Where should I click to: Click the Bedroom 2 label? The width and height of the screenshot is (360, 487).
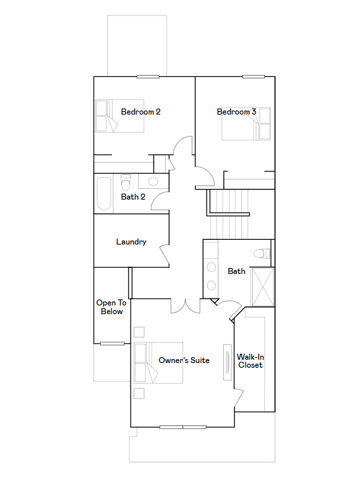pyautogui.click(x=140, y=112)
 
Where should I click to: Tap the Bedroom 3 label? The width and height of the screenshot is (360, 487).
pyautogui.click(x=236, y=112)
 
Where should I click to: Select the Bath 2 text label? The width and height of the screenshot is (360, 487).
pyautogui.click(x=133, y=197)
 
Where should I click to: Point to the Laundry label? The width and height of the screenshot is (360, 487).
pyautogui.click(x=131, y=242)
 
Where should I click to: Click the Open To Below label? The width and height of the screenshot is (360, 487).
pyautogui.click(x=111, y=307)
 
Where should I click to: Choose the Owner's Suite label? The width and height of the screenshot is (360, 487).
pyautogui.click(x=184, y=360)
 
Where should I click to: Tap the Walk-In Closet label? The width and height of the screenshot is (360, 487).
pyautogui.click(x=250, y=360)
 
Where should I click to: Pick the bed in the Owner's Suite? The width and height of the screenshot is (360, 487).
pyautogui.click(x=158, y=363)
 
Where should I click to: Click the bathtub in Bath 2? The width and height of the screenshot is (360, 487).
pyautogui.click(x=104, y=193)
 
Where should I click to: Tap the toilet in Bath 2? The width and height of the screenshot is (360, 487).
pyautogui.click(x=125, y=182)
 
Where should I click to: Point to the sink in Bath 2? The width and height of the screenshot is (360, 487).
pyautogui.click(x=153, y=181)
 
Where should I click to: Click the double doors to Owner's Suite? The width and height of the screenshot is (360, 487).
pyautogui.click(x=185, y=305)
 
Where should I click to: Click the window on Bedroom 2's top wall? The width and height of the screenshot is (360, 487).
pyautogui.click(x=147, y=76)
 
